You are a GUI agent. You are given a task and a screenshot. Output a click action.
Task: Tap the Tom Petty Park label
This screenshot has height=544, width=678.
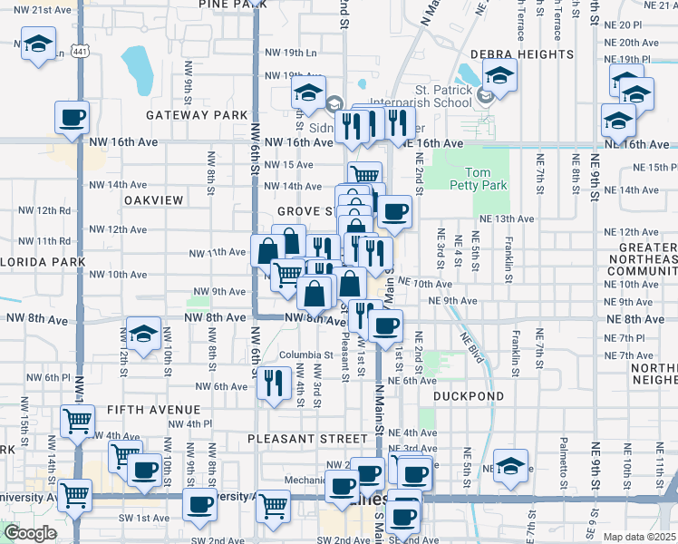coord(485,179)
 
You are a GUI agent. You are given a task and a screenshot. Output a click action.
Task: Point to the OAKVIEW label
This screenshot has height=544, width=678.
coord(154,199)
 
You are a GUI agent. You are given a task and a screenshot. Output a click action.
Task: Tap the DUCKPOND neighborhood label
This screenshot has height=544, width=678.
coord(467,396)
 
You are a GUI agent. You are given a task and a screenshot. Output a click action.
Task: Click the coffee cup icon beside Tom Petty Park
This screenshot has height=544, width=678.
coord(393,212)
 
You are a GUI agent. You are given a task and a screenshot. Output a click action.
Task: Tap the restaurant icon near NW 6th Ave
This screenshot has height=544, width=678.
coord(273,380)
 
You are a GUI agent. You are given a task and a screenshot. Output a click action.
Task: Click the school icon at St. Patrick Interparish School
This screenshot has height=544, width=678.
coord(499,75)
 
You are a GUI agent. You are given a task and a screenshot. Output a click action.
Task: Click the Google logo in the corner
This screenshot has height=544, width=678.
coord(30,533)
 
